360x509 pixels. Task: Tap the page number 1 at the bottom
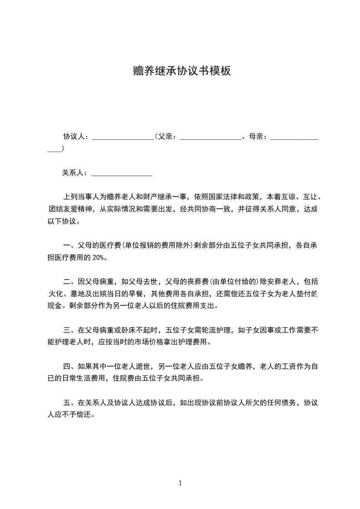180,483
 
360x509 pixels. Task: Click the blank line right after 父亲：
210,137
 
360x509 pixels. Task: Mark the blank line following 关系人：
122,174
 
